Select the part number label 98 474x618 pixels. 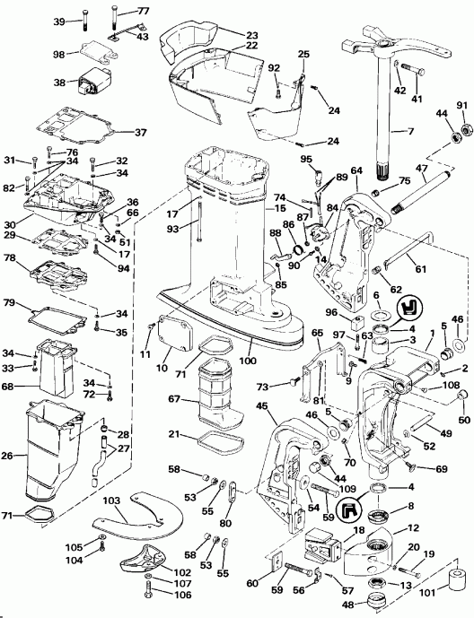click(59, 55)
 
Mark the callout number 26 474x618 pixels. click(13, 455)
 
